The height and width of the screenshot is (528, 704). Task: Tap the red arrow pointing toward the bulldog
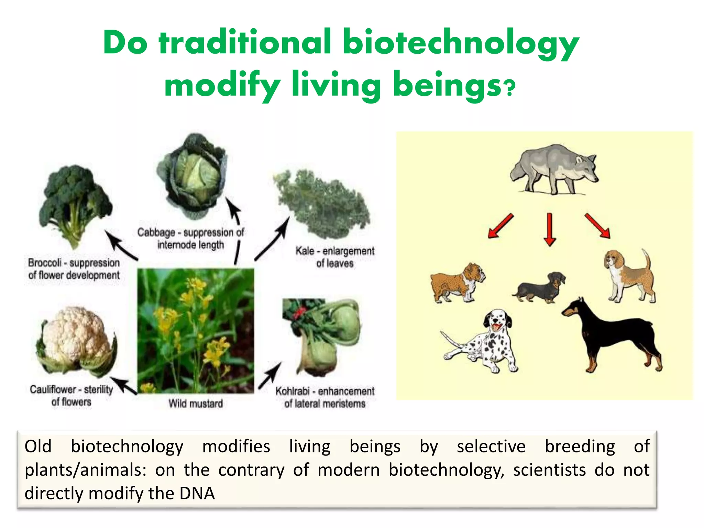click(500, 226)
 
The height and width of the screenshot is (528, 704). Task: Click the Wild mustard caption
click(195, 403)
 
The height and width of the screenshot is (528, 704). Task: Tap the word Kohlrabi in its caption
click(292, 391)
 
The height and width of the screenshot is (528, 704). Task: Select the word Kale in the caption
click(305, 251)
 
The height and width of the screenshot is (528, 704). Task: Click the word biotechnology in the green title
click(461, 43)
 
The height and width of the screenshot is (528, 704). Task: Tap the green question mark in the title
click(510, 88)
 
